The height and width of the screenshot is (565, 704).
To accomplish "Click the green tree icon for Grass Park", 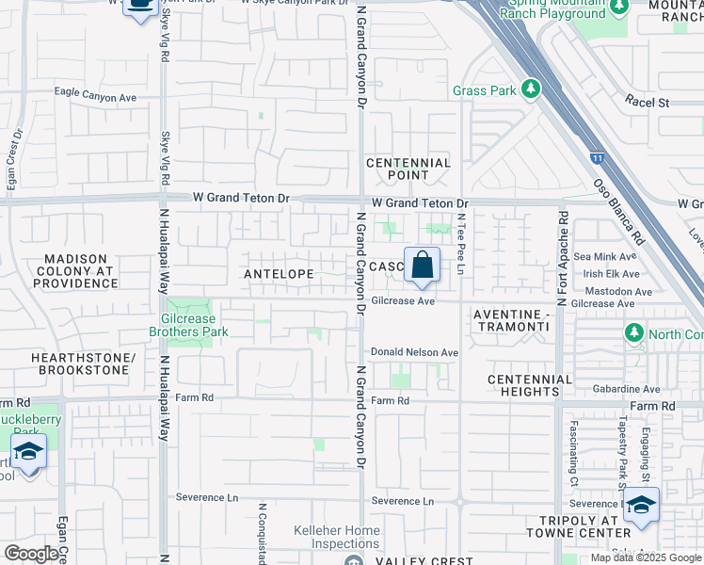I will (532, 89).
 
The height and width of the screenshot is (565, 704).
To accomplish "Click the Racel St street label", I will (648, 102).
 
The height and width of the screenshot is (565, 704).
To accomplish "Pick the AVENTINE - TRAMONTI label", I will (510, 319).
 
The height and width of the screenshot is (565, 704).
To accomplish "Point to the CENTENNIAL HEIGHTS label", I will (530, 385).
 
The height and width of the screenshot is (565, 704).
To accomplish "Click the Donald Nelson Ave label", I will (414, 352).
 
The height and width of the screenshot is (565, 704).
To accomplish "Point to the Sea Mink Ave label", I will (605, 256).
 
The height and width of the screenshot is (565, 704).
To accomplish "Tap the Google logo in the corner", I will (31, 554).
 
